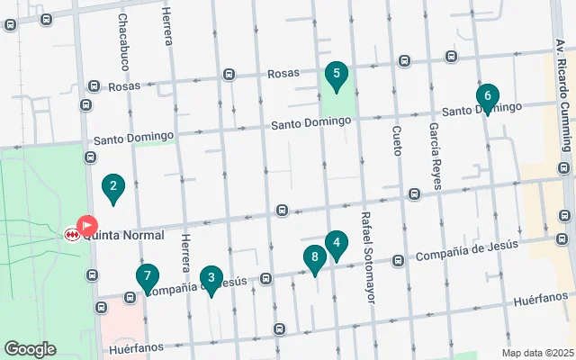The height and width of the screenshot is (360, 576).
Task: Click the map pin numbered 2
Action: [x=112, y=188]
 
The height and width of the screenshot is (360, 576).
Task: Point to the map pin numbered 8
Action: [x=314, y=258]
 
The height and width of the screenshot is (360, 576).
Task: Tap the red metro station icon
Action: [x=72, y=235]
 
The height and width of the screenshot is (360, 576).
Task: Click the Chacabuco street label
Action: [x=122, y=41]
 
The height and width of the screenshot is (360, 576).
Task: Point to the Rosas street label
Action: [x=125, y=86]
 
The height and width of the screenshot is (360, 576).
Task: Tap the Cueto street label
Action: [x=396, y=140]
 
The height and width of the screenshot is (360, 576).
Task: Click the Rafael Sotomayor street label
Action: [x=366, y=256]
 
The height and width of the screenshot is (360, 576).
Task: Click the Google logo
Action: [x=30, y=349]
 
